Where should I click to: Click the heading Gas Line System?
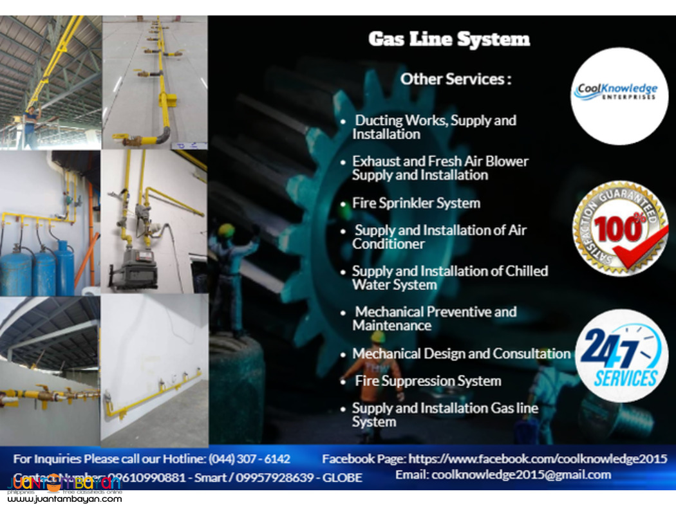point(449,39)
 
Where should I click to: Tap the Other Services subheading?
point(456,79)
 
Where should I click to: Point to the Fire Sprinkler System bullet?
point(416,203)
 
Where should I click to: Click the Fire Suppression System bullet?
point(427,381)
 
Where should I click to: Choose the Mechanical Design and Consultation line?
point(461,354)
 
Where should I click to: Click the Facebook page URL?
point(538,459)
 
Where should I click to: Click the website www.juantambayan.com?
point(64,499)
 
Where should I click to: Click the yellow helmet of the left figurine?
point(226,230)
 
